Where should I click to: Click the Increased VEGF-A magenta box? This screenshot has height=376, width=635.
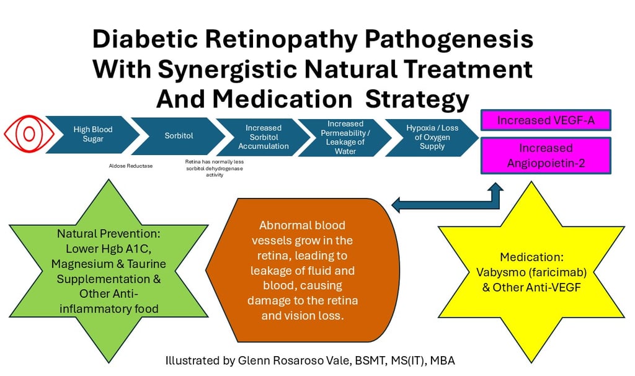coord(546,120)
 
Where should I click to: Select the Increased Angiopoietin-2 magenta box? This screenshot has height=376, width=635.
coord(546,156)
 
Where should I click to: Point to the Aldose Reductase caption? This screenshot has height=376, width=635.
coord(131,166)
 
